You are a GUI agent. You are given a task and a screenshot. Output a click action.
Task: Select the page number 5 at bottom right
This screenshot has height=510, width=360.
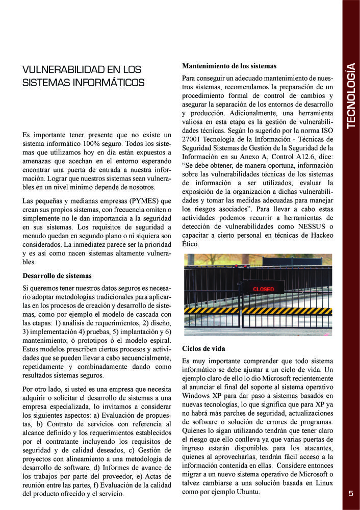[351, 493]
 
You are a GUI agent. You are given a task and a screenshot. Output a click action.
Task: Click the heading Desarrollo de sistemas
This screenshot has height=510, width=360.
[57, 276]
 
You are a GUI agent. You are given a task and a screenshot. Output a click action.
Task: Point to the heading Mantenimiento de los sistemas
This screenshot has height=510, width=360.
[229, 66]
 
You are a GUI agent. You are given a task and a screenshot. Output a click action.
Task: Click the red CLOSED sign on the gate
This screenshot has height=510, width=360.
[264, 289]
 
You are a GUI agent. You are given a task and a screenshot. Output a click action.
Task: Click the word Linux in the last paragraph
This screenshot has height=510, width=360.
[322, 483]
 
